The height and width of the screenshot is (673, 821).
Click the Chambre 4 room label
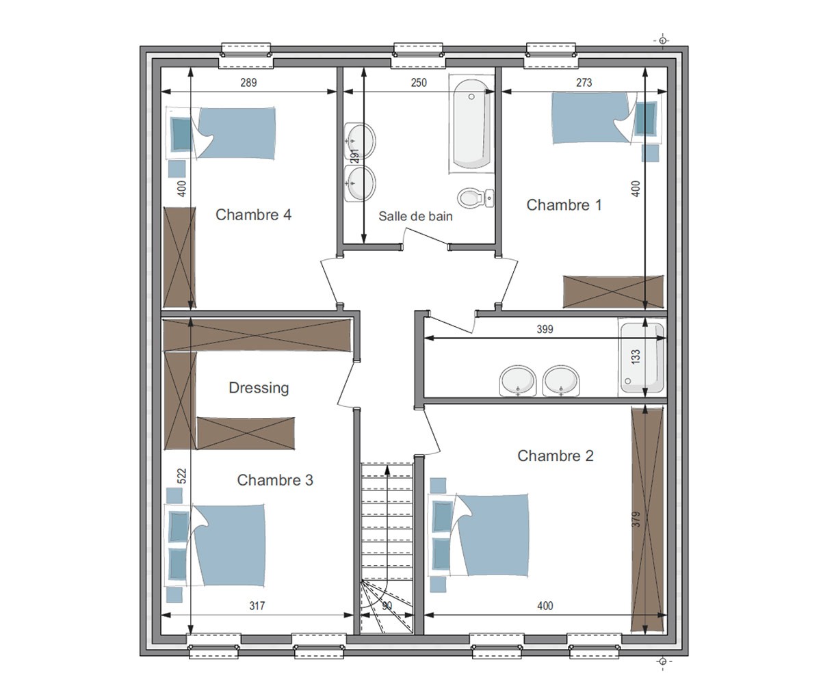coord(253,215)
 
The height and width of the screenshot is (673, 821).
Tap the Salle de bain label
coord(415,216)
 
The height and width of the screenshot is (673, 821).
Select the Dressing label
coord(259,388)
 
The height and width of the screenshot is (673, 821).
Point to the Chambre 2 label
coord(555,456)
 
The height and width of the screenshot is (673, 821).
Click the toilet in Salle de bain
coord(475,198)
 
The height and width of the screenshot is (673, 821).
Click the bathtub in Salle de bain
coord(471,124)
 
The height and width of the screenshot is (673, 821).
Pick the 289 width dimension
coord(248,83)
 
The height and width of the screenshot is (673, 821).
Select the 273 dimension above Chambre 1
coord(584,83)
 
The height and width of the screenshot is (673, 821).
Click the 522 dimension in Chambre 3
coord(182,476)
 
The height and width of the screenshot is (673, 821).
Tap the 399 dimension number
coord(545,329)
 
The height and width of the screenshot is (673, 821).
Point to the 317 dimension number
coord(257,606)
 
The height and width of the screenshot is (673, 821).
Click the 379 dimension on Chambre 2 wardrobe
coord(636,520)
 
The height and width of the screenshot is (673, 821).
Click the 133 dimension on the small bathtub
coord(636,356)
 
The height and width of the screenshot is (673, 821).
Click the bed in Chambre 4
coord(221,133)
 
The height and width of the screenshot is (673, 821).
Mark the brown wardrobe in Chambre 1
coord(613,292)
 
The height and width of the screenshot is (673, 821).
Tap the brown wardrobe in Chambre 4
coord(179,258)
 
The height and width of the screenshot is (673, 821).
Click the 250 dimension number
coord(419,83)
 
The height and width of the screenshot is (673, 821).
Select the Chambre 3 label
coord(275,480)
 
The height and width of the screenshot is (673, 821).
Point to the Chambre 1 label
coord(564,204)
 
